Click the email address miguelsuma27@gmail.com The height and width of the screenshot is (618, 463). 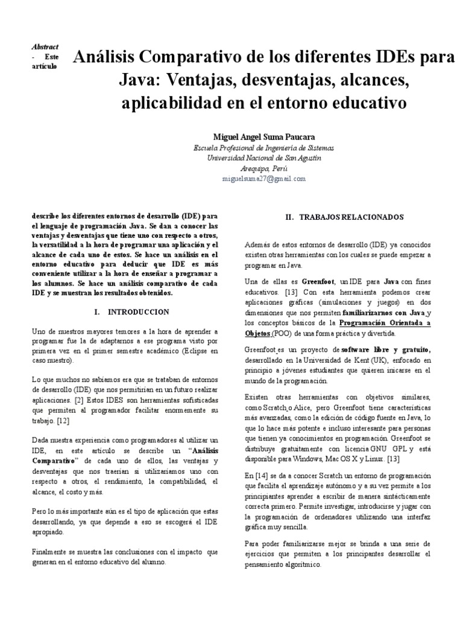pyautogui.click(x=263, y=179)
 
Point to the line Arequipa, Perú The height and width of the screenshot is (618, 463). pyautogui.click(x=263, y=168)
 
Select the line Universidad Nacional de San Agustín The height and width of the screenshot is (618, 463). pyautogui.click(x=263, y=158)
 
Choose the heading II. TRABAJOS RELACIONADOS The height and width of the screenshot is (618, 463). pyautogui.click(x=344, y=217)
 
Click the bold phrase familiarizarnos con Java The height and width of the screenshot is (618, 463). pyautogui.click(x=383, y=313)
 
